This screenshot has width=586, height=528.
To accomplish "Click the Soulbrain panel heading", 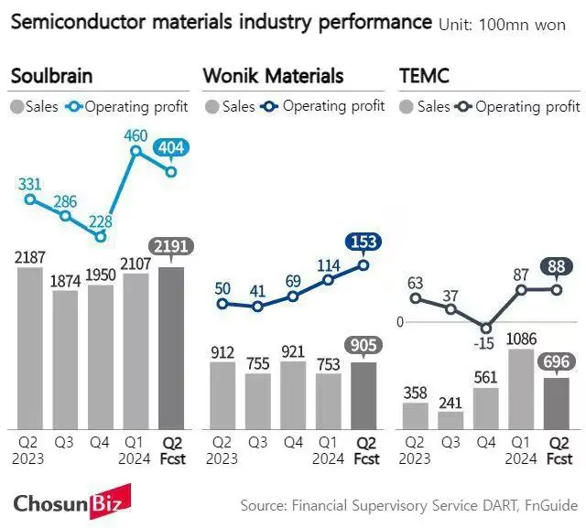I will (51, 76).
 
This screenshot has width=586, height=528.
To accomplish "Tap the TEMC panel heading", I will (425, 76).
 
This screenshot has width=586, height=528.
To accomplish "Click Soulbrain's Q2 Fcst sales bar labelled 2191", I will (171, 348).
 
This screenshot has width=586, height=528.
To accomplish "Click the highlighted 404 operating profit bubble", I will (171, 147).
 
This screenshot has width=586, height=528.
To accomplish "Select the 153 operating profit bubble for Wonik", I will (364, 242).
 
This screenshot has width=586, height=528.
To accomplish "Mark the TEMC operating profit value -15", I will (485, 343).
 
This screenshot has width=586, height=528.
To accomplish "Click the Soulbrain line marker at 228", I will (101, 235).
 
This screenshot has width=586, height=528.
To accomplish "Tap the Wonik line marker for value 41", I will (257, 307).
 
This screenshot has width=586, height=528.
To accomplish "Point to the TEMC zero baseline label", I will (400, 321).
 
